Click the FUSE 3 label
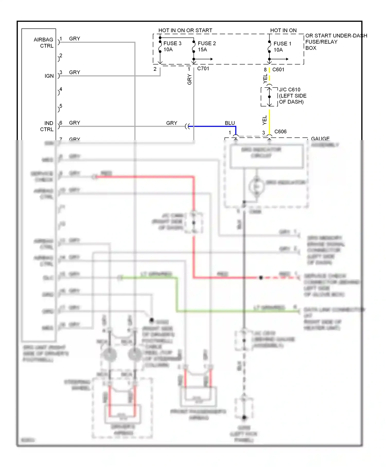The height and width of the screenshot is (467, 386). [172, 44]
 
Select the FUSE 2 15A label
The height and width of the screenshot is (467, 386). [207, 47]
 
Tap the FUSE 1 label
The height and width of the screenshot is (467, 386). [282, 44]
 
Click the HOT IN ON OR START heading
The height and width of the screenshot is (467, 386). [185, 30]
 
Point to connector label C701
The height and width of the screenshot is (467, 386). [203, 69]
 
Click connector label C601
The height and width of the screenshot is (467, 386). [278, 70]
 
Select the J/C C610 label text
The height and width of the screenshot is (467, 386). [289, 90]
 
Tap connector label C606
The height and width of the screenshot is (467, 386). [280, 132]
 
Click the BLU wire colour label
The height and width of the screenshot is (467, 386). [230, 123]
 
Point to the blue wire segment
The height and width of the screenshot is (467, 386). [214, 126]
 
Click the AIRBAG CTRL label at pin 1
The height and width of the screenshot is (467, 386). [44, 43]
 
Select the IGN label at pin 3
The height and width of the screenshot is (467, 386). [49, 76]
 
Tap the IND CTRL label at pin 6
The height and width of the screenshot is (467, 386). [47, 126]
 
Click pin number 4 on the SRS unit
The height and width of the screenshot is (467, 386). [61, 89]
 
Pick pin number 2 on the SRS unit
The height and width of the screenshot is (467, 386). [61, 56]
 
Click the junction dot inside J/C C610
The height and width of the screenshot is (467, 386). [269, 97]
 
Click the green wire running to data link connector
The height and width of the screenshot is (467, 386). [232, 312]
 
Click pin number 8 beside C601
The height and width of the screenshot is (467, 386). [265, 70]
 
